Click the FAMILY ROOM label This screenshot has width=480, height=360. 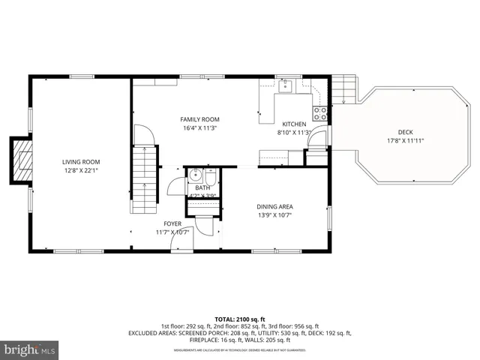click(199, 119)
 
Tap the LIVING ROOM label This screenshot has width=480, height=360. click(81, 162)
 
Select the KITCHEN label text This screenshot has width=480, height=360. click(294, 124)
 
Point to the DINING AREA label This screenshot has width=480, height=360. click(274, 207)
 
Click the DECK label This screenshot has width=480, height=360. click(405, 132)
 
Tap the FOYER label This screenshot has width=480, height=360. click(172, 223)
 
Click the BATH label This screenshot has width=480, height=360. click(202, 188)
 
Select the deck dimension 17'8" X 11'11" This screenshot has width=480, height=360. click(405, 140)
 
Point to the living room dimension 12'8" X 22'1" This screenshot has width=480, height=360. click(81, 170)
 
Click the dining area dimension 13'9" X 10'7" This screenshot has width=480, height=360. click(274, 215)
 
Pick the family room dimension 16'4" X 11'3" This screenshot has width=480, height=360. click(199, 127)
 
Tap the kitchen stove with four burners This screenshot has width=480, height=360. click(319, 114)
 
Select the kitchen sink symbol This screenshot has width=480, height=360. click(286, 86)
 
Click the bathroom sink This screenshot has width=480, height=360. click(195, 177)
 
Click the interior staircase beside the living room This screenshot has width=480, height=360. click(143, 170)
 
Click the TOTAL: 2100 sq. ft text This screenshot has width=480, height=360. click(240, 319)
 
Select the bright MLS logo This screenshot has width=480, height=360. click(30, 349)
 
